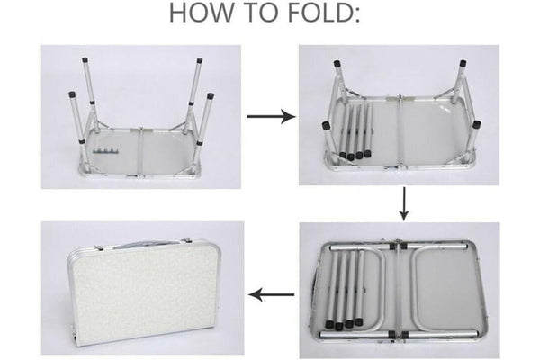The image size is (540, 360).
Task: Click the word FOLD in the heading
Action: click(319, 13)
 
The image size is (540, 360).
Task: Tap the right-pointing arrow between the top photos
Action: click(271, 116)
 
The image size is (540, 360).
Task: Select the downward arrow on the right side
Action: click(404, 203)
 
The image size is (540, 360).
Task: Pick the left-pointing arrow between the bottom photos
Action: click(272, 295)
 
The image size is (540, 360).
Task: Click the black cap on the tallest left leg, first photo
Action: click(85, 59)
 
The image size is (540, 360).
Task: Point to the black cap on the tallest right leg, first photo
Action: click(200, 60)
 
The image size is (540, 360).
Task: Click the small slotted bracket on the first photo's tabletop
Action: click(105, 151)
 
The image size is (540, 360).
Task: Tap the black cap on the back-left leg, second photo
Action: click(337, 63)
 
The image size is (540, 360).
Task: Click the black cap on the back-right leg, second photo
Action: click(463, 63)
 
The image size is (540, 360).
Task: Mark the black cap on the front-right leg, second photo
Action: click(477, 124)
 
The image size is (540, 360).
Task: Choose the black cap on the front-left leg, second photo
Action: click(326, 126)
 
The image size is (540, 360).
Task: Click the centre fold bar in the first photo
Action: click(140, 152)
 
